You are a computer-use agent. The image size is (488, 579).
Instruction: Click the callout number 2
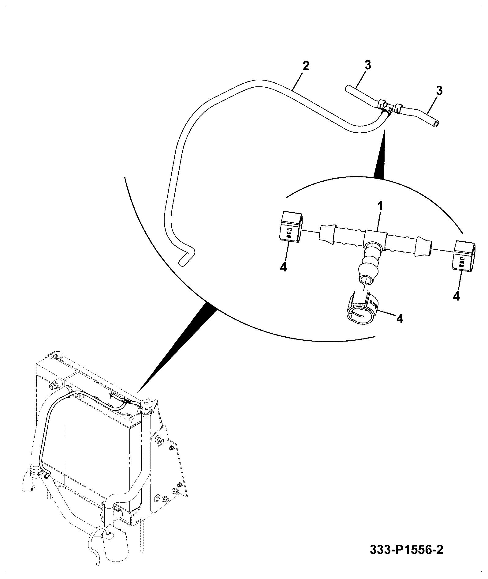[x=306, y=66]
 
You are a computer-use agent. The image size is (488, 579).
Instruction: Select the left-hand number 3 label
[x=368, y=65]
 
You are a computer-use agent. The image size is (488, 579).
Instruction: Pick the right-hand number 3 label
[x=439, y=91]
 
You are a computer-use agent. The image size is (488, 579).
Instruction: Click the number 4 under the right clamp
[x=456, y=296]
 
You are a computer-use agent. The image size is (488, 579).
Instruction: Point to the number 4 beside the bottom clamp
[x=400, y=318]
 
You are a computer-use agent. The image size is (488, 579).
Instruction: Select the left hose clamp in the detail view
[x=290, y=227]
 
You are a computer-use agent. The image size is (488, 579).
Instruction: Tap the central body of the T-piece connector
[x=375, y=239]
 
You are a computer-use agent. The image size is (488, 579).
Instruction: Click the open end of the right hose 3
[x=435, y=124]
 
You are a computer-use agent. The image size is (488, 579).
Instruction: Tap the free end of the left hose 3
[x=348, y=89]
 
